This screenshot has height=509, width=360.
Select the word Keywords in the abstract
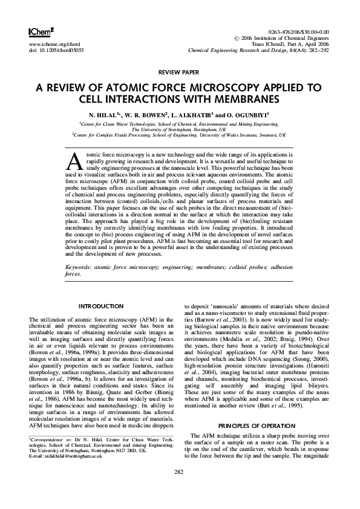click(80, 266)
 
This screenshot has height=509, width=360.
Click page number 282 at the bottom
click(179, 488)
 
